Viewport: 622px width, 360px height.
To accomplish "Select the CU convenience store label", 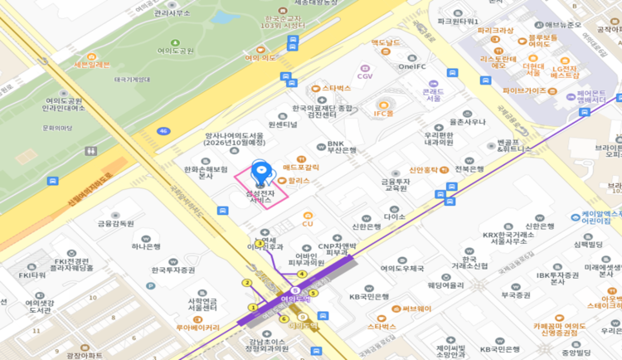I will [307, 223].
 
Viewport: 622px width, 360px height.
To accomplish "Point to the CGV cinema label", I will [365, 75].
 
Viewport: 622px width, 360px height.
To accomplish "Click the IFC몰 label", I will [383, 113].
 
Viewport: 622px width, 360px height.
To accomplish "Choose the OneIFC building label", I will [412, 66].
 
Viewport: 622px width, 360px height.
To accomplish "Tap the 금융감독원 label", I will [115, 223].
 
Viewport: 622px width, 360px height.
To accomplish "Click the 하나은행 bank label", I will [146, 246].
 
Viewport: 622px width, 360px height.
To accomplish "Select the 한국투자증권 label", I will [173, 270].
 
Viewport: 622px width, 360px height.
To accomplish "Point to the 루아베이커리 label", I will [197, 328].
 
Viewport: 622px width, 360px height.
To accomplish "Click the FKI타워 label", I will [32, 275].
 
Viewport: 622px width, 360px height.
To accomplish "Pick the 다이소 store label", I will [394, 216].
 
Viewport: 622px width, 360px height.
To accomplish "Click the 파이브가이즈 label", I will [524, 90].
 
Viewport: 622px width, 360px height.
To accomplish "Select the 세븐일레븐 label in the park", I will [92, 64].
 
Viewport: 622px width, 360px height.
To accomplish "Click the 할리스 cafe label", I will [299, 180].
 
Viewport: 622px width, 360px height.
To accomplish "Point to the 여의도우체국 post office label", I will [402, 268].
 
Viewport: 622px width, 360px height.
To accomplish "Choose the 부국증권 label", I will [515, 294].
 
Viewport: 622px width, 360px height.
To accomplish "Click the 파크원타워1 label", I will [459, 21].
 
